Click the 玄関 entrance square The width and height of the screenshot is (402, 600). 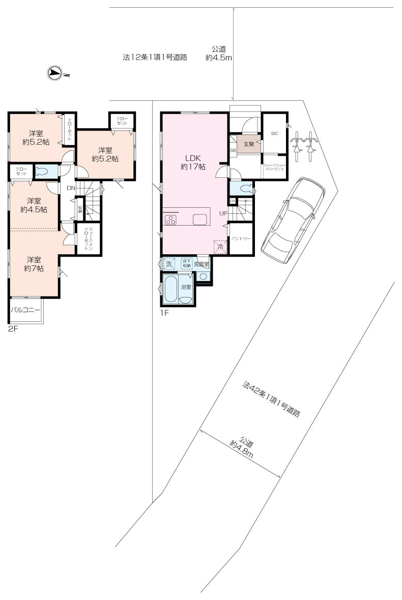248,145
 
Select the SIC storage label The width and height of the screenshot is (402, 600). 274,133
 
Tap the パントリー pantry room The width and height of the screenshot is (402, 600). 240,238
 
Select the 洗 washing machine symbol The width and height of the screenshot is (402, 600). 169,263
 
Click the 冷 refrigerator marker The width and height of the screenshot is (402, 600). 220,247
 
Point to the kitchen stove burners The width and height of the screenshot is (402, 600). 170,220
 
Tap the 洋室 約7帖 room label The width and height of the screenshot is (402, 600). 35,264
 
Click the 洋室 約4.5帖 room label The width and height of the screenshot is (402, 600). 34,205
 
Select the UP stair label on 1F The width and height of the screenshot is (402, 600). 223,213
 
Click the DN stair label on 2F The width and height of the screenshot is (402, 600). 71,187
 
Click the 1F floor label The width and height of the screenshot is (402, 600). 164,312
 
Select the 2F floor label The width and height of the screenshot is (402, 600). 13,330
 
